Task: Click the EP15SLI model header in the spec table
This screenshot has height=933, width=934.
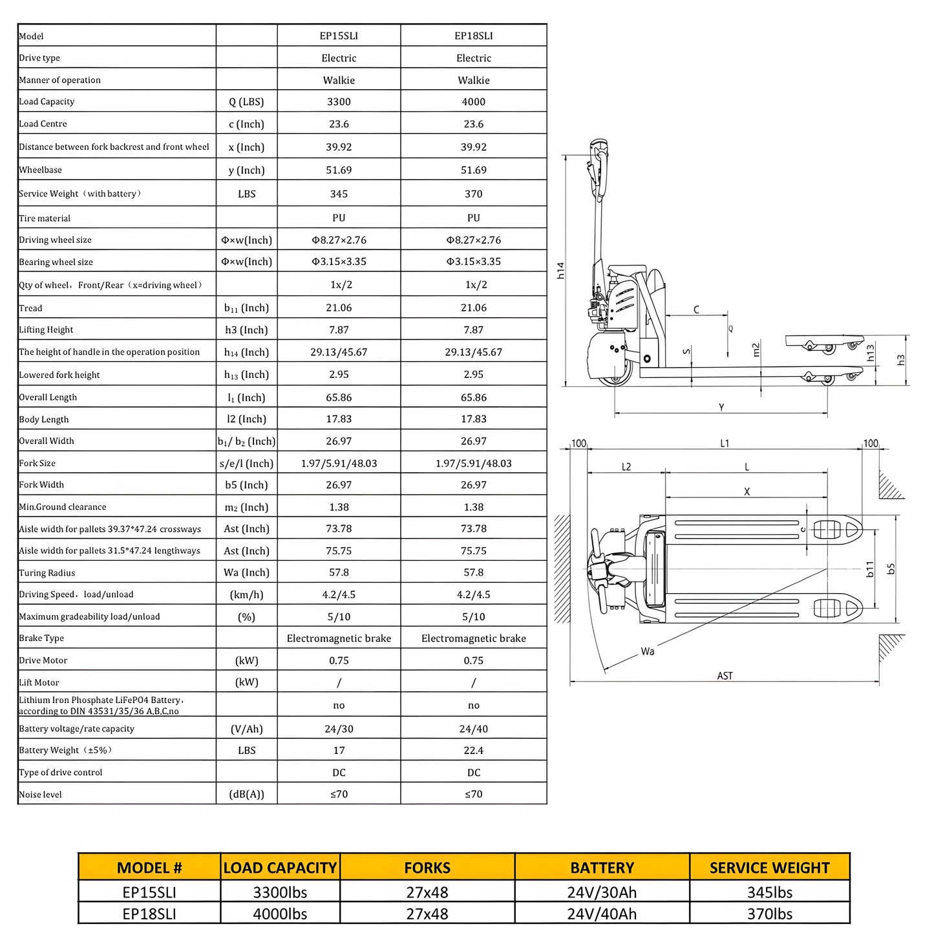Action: [339, 36]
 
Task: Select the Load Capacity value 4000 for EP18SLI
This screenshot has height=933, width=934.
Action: [473, 101]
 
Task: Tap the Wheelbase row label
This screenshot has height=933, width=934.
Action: [41, 170]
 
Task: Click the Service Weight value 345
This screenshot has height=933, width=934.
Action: [339, 194]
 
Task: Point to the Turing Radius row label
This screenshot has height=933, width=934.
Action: [47, 573]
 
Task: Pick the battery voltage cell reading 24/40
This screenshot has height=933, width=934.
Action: [473, 729]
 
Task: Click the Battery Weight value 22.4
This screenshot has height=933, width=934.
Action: [473, 750]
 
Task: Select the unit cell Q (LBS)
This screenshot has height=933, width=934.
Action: [246, 101]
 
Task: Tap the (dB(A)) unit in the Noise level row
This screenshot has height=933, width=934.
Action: [246, 794]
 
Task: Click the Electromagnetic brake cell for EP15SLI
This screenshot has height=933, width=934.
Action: [339, 638]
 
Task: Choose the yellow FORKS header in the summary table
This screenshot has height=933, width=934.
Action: [427, 868]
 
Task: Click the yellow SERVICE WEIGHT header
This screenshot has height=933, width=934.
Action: [769, 868]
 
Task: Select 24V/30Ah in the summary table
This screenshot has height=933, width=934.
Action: [602, 892]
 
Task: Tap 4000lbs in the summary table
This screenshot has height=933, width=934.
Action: [280, 914]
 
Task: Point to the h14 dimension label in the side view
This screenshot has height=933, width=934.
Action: [560, 270]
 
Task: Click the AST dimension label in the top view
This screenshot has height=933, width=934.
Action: [725, 676]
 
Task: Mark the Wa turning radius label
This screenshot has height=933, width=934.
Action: [648, 651]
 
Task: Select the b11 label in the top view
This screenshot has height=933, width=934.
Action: [870, 569]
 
